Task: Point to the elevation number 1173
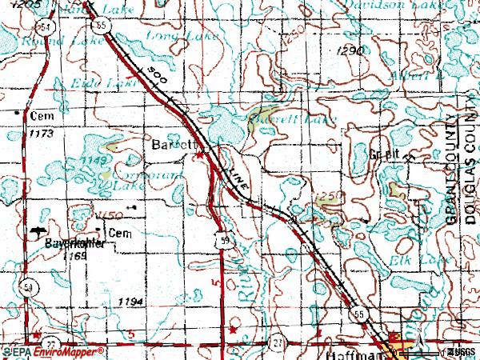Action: click(x=40, y=134)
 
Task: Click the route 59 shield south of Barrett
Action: click(x=229, y=242)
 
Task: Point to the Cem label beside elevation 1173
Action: click(x=40, y=115)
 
